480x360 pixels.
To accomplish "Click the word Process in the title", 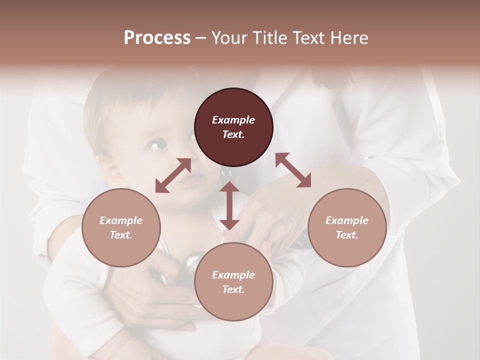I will point(157,38).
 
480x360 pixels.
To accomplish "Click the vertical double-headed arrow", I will point(229,205).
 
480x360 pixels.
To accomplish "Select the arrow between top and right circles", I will point(293,170).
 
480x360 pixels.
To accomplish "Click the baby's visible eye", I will point(157,144).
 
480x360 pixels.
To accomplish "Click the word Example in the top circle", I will point(233,120).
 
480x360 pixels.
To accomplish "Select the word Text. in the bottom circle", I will point(233,289).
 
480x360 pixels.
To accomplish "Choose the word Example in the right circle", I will point(347,220).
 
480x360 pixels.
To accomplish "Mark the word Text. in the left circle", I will point(121,235).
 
